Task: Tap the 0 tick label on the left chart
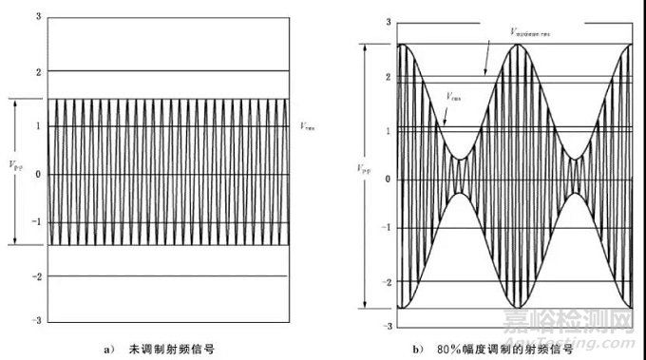pyautogui.click(x=36, y=174)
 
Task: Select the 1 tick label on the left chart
pyautogui.click(x=36, y=123)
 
